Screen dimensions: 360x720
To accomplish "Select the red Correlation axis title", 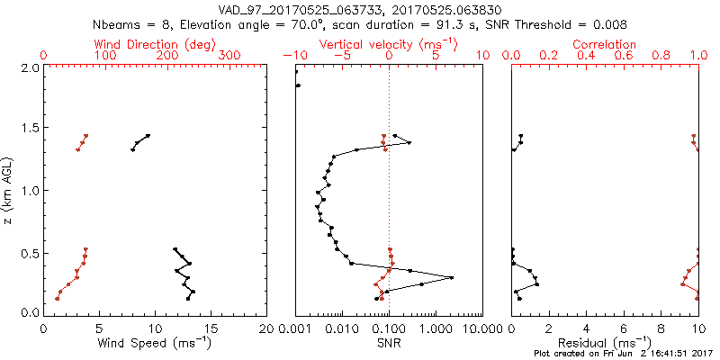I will [605, 44].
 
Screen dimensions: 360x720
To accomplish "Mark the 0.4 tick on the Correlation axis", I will [587, 56].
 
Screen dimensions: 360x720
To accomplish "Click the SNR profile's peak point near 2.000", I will [451, 277].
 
